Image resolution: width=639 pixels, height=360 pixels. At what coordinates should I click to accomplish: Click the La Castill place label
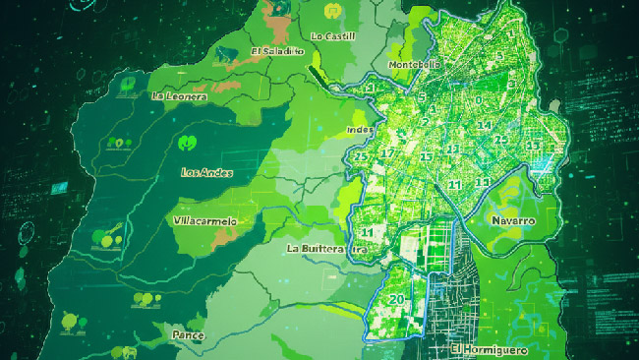(332, 36)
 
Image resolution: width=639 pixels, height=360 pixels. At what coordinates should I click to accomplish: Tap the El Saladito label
(276, 51)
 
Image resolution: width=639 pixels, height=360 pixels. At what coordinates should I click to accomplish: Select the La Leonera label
(180, 95)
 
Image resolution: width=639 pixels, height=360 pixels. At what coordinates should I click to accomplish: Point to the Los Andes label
(207, 172)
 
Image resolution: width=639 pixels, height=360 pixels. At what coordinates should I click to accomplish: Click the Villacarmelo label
(204, 221)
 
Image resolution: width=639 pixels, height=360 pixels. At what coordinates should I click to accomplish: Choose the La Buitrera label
(316, 249)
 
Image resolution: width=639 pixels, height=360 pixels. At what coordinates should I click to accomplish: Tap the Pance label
(188, 335)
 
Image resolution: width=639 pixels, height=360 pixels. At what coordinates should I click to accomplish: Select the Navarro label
(512, 221)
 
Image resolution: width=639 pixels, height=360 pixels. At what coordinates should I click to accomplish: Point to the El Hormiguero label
(490, 349)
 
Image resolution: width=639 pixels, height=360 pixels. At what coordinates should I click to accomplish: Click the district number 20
(397, 299)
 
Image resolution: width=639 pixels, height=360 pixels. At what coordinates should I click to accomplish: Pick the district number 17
(387, 153)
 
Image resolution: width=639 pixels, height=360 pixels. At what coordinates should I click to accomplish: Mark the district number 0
(479, 99)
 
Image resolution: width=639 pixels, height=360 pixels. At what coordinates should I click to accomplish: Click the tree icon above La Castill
(332, 12)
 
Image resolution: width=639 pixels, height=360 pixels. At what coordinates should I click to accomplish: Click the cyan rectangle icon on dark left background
(58, 186)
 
